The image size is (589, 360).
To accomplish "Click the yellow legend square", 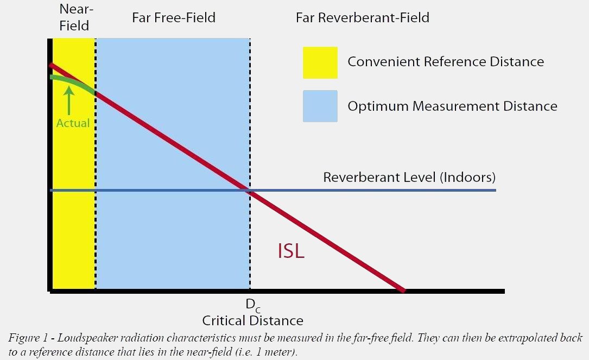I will [320, 62].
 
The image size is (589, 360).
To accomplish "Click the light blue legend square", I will [320, 106].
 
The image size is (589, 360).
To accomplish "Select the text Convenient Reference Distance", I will [446, 62].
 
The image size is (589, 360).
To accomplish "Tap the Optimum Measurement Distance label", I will [452, 106].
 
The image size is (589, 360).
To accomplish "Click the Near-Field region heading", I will [74, 17].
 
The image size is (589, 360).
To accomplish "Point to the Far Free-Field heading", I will [174, 18].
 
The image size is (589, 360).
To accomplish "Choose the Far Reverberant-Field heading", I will [362, 18].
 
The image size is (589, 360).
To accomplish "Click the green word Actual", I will [73, 123].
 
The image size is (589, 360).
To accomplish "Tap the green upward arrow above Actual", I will [69, 100].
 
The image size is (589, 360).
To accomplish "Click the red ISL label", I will [291, 251].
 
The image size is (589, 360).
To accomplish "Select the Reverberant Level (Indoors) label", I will [409, 178].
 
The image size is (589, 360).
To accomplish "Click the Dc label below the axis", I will [252, 305].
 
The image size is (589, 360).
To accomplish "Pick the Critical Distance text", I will [252, 320].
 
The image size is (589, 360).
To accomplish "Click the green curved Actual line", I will [73, 81].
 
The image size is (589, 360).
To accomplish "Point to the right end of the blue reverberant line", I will [495, 190].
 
